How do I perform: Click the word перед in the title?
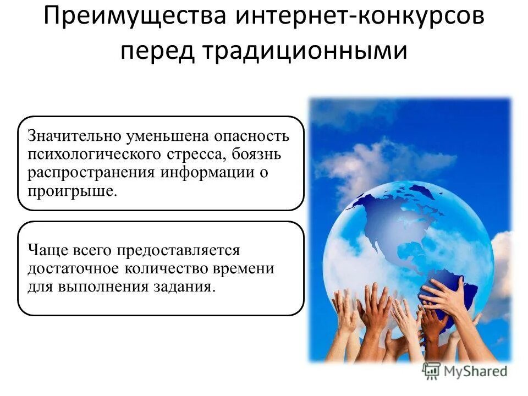tap(157, 52)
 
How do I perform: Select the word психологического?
tap(93, 155)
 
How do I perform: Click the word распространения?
tap(92, 173)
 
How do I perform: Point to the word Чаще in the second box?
tap(46, 250)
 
